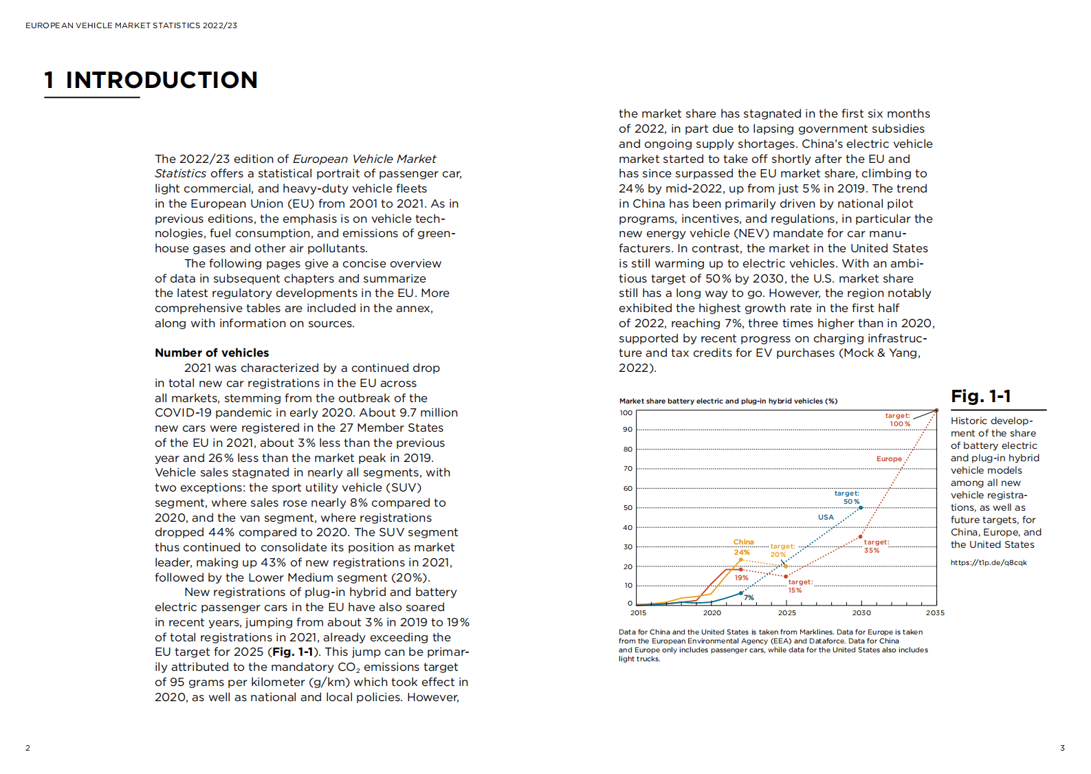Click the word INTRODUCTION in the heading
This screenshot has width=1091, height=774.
[x=161, y=80]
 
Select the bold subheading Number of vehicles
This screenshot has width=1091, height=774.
[x=212, y=353]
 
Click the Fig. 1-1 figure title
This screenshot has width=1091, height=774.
[x=981, y=397]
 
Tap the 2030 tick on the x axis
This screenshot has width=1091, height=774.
[x=861, y=612]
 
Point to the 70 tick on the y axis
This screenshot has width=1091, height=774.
[x=628, y=469]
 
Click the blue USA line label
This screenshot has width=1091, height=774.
[x=826, y=517]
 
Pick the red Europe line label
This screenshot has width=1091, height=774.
[x=889, y=458]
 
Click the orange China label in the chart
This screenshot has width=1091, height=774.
[x=743, y=542]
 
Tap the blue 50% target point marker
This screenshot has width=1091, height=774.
[x=861, y=508]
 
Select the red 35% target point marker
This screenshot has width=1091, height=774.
[x=861, y=537]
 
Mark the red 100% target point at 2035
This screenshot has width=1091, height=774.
[x=936, y=411]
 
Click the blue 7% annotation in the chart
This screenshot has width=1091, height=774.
[x=749, y=597]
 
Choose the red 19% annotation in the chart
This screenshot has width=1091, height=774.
[x=741, y=577]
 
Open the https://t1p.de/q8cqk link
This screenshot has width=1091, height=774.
[x=989, y=562]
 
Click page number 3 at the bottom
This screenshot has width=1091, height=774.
[x=1062, y=748]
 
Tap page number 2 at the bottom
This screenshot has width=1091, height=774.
[x=27, y=748]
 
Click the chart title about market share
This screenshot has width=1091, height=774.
[x=728, y=401]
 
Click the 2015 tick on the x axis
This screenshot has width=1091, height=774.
[x=638, y=612]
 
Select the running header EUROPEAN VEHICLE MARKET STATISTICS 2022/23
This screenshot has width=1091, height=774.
[x=131, y=25]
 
